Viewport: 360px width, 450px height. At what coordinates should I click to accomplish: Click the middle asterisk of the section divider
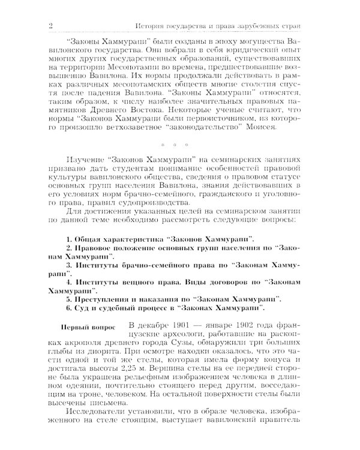click(x=175, y=162)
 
